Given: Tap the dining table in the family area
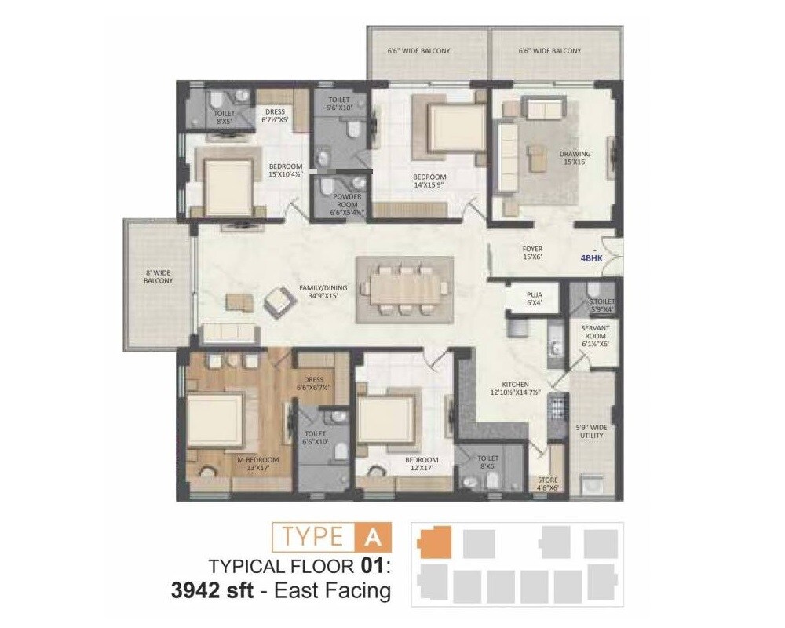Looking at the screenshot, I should point(404,290).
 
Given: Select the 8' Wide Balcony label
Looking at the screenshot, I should point(159,276).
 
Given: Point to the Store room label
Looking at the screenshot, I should point(547,484).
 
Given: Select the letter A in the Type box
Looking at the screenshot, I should point(372,537).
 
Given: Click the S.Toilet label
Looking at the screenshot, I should point(601,305).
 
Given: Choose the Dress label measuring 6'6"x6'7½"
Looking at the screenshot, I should point(312,384).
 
